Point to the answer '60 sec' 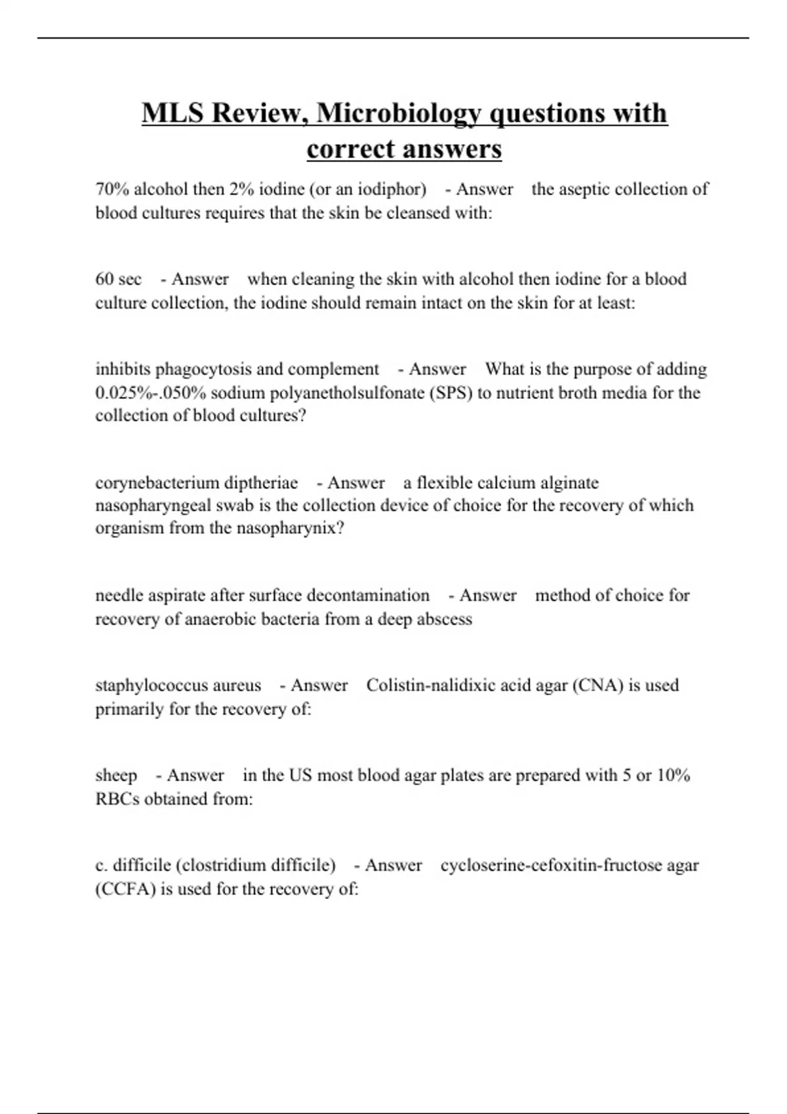(x=119, y=279)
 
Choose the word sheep (x=116, y=775)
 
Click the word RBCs (x=117, y=799)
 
